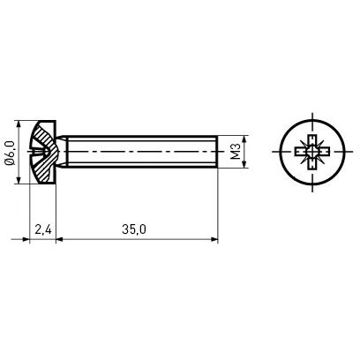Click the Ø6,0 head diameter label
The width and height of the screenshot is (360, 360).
click(11, 153)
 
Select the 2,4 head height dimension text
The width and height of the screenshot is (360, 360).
click(43, 229)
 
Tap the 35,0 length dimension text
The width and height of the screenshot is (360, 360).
click(134, 229)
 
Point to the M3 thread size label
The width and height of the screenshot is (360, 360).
click(236, 152)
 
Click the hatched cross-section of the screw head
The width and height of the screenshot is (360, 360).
click(44, 153)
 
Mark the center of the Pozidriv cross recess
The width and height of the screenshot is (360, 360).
click(312, 152)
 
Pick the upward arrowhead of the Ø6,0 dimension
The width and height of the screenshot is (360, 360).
click(19, 124)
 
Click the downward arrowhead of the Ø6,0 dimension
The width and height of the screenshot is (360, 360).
click(19, 180)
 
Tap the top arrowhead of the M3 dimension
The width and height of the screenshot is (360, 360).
click(244, 139)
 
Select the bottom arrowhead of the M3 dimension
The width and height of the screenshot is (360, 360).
click(244, 164)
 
